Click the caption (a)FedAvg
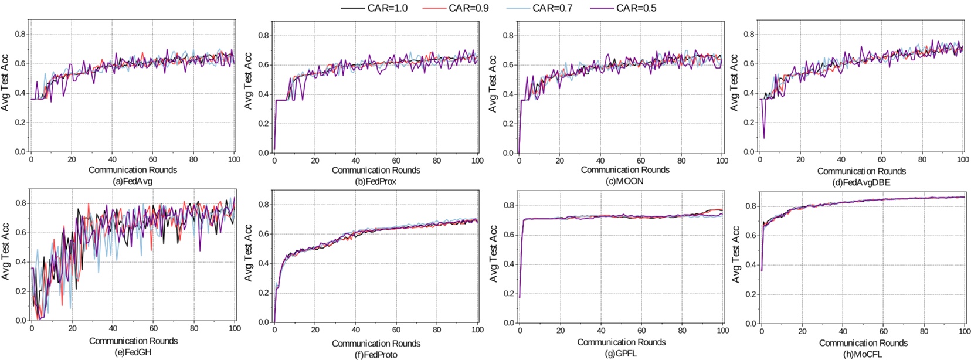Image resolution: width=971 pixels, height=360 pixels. [133, 181]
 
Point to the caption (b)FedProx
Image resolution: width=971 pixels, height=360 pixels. [376, 182]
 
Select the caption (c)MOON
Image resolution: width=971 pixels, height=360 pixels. [624, 181]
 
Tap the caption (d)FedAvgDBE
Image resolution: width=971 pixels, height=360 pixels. [861, 182]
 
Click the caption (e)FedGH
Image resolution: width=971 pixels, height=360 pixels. [133, 352]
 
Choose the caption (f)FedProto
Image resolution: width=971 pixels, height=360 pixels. [376, 354]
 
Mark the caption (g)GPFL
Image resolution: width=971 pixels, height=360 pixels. [621, 354]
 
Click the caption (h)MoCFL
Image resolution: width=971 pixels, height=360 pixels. [863, 354]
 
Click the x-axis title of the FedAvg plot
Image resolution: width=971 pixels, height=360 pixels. [133, 170]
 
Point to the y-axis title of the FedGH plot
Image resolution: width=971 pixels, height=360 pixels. [5, 252]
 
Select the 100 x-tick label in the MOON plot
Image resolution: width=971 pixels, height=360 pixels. [722, 161]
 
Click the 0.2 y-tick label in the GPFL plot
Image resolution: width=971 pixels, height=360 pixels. [508, 294]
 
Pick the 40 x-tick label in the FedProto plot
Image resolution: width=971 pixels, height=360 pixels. [355, 330]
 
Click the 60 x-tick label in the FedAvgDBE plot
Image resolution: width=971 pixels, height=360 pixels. [881, 159]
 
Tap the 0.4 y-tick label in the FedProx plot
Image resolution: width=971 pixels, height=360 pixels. [263, 94]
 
